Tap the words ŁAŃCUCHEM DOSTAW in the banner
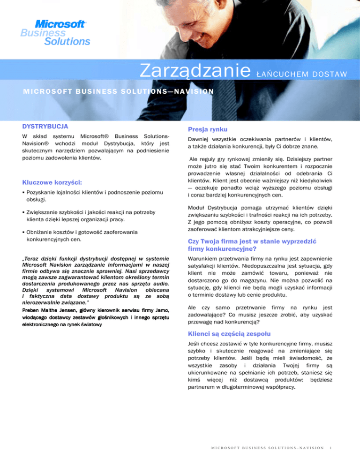(302, 74)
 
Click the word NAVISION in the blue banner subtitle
(194, 91)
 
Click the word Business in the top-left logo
(37, 33)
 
